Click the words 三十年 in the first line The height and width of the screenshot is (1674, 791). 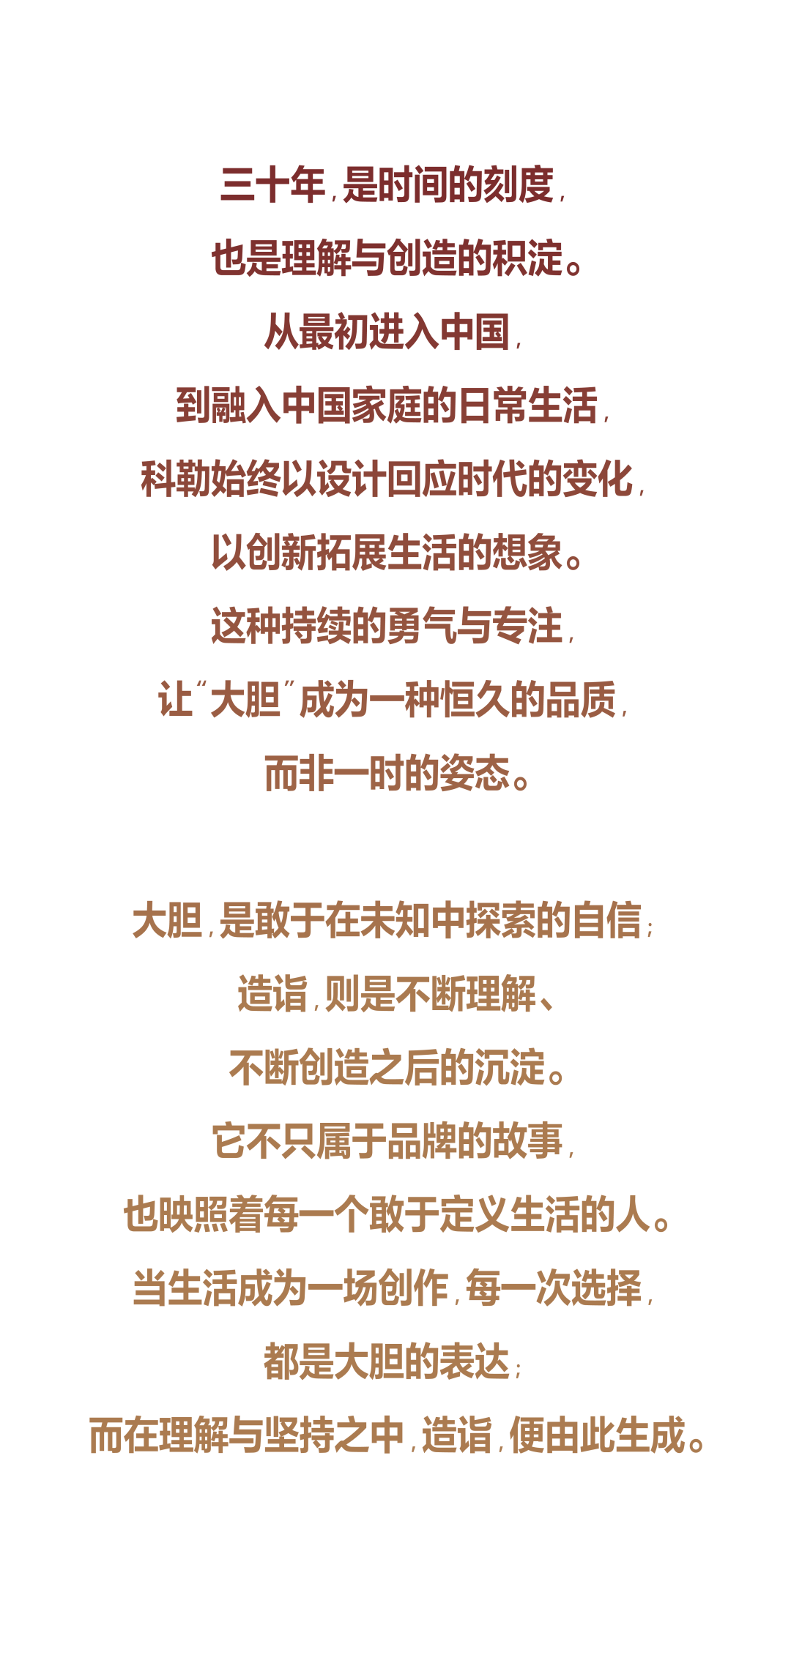click(x=272, y=185)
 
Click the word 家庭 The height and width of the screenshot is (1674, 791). click(x=387, y=406)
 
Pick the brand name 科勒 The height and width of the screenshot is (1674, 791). click(x=176, y=479)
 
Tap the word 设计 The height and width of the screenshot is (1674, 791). click(x=352, y=479)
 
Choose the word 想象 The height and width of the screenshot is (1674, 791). click(x=528, y=553)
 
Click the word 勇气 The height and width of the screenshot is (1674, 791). click(x=423, y=627)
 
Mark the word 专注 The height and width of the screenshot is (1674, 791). click(x=528, y=627)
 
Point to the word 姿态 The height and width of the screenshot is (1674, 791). click(x=475, y=774)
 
